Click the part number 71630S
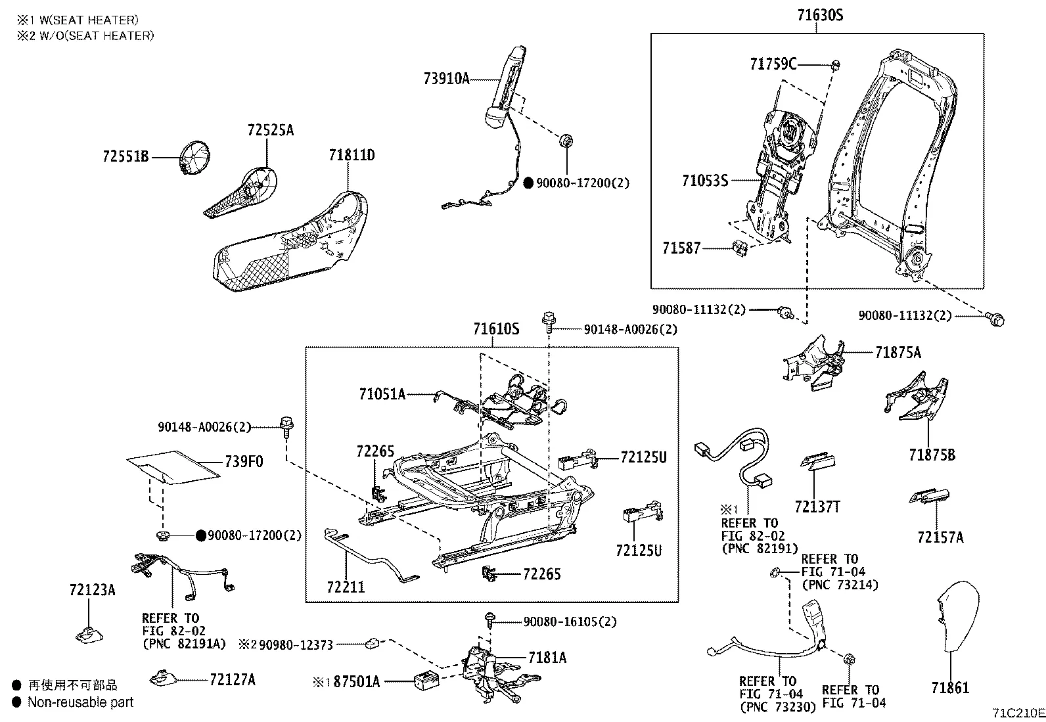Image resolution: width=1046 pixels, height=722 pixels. [x=819, y=14]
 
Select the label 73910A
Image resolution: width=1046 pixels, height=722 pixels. [x=447, y=79]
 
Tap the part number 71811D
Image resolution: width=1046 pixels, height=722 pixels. [x=352, y=156]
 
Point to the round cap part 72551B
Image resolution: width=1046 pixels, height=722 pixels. [x=196, y=158]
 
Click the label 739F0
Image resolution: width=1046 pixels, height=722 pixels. [x=244, y=462]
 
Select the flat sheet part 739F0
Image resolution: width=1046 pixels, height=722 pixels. [x=172, y=466]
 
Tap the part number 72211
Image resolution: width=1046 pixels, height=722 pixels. [x=346, y=587]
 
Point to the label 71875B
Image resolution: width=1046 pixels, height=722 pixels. [x=932, y=455]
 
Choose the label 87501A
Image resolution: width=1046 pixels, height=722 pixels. [x=357, y=681]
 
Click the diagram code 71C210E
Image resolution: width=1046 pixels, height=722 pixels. [x=1018, y=713]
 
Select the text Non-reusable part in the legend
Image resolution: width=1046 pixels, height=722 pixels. [x=80, y=702]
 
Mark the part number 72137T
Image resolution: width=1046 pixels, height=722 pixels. [x=817, y=507]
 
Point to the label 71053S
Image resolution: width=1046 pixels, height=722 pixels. [x=705, y=180]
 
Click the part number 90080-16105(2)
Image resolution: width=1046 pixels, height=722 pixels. [x=570, y=621]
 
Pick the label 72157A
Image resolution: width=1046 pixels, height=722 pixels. [x=940, y=537]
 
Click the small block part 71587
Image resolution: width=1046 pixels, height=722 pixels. [x=740, y=248]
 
